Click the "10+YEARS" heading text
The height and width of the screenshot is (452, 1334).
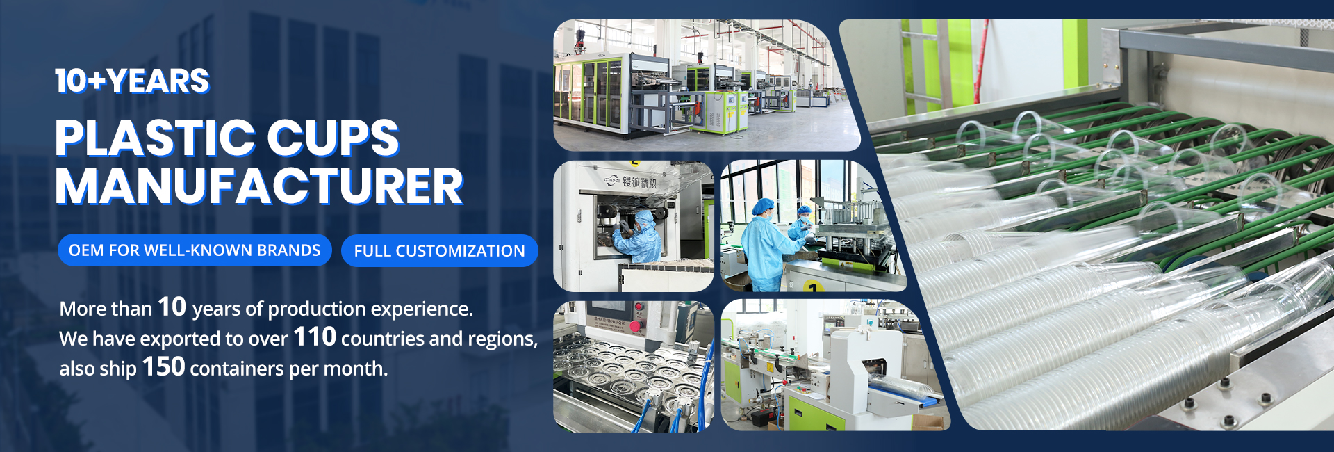point(132,81)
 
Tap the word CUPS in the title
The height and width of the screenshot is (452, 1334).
point(333,138)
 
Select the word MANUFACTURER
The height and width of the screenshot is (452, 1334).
point(259,186)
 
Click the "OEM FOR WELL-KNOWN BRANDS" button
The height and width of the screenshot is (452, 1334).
point(195,250)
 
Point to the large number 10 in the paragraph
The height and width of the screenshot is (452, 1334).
point(172,307)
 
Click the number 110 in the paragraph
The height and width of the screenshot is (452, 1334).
point(315,337)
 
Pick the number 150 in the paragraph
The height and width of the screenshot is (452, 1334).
point(163,366)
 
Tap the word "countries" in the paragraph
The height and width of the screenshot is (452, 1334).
point(382,339)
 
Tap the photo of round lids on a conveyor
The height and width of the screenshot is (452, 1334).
point(633,366)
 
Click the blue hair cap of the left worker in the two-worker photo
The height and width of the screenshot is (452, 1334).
point(764,206)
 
